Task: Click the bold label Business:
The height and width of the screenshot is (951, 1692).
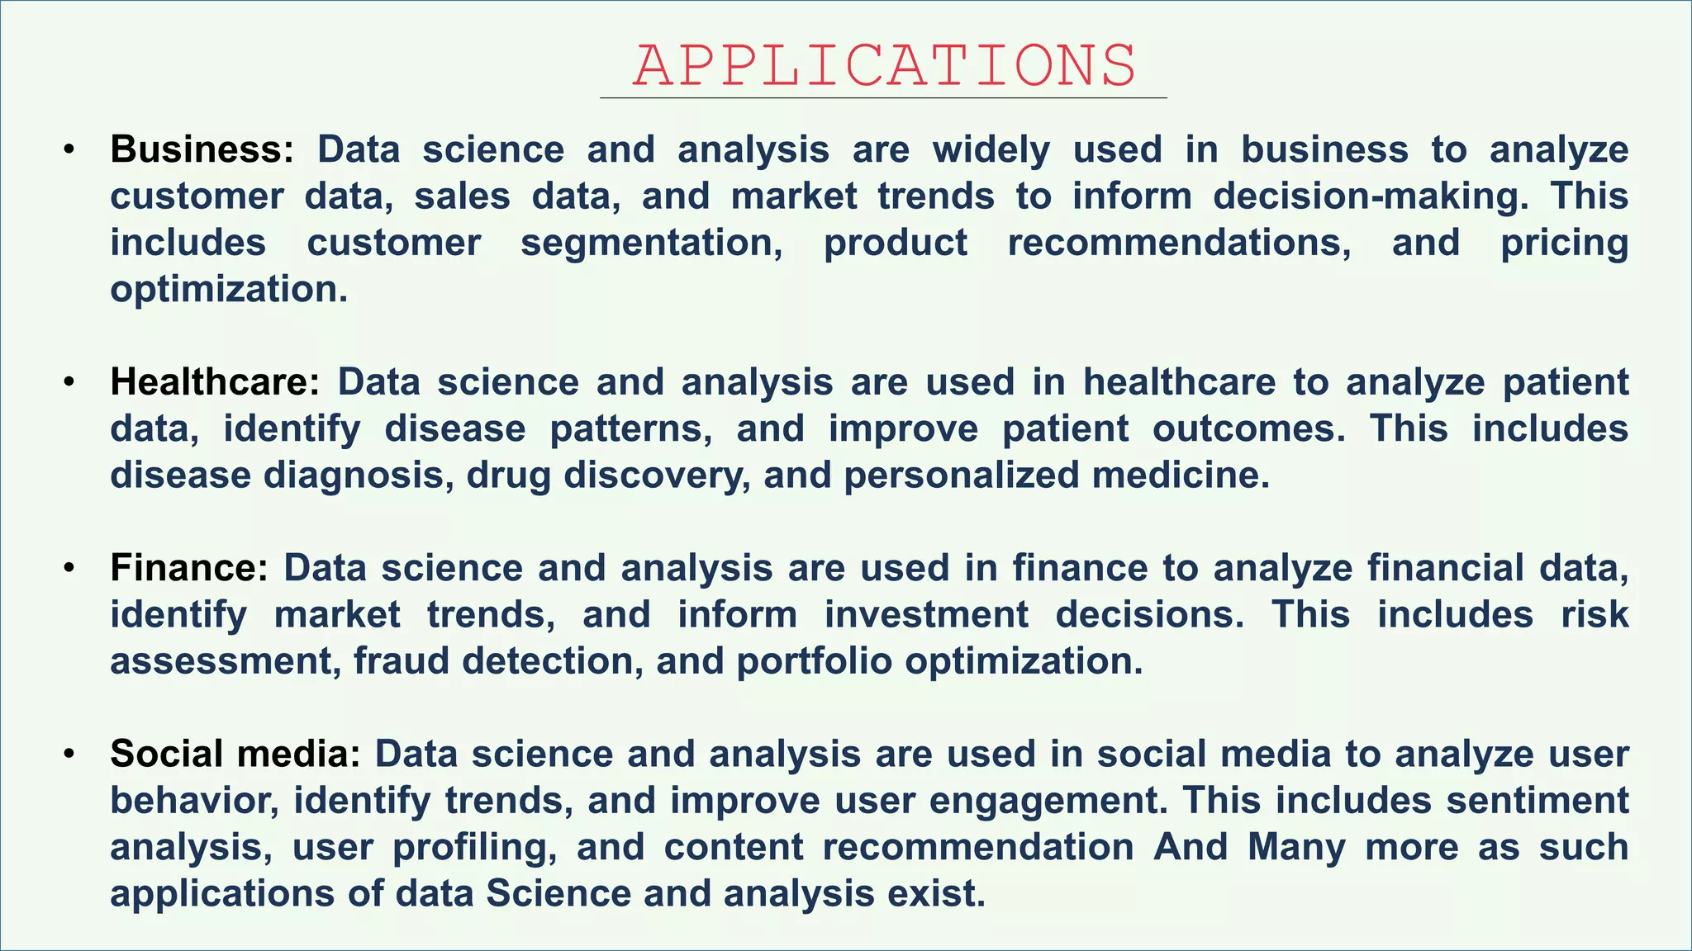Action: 202,149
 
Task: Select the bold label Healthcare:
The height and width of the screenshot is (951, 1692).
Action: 215,382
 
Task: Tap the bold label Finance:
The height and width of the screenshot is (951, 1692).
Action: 189,568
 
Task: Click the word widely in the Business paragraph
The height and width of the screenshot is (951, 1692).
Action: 991,149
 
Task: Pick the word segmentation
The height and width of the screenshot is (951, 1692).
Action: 652,243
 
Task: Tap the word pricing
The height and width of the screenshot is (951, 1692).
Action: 1564,243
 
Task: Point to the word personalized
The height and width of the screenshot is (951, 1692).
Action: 961,475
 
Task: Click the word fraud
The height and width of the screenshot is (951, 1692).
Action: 402,661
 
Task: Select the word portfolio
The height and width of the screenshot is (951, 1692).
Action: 814,661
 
